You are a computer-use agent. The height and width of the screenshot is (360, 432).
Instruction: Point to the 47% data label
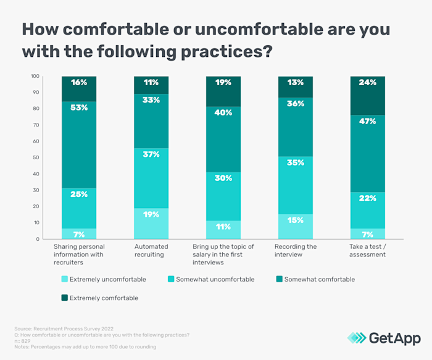click(x=368, y=122)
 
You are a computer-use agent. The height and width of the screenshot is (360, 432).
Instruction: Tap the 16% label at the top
click(x=78, y=83)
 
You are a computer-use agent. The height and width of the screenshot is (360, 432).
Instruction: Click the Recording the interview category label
click(x=296, y=250)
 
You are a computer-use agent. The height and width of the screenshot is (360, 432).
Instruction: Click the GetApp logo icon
click(x=356, y=338)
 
